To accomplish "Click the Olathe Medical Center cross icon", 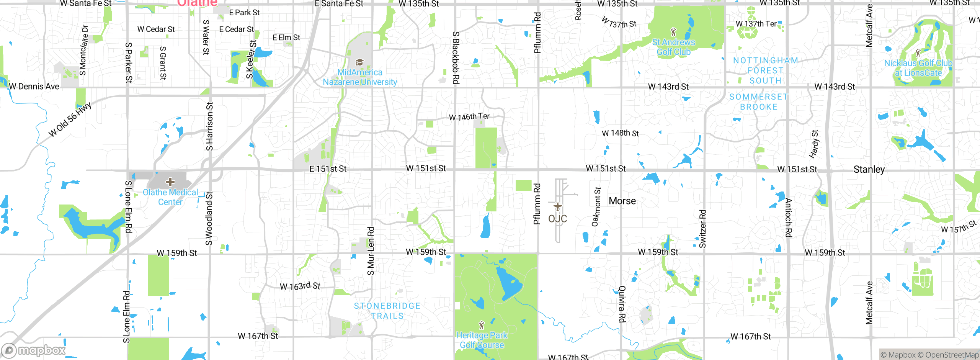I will coord(170,182).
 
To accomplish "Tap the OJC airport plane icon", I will coord(558,207).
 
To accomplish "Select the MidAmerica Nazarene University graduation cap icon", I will coord(359,62).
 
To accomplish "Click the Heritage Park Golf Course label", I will coord(482,340).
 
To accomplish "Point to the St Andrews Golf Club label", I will coord(673,47).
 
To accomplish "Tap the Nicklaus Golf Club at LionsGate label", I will coord(918,68).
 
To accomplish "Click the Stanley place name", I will coord(869,169).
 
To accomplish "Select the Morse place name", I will coord(622,201).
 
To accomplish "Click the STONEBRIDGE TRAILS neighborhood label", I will coord(387,311).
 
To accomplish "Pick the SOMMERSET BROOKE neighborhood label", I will coord(758,102).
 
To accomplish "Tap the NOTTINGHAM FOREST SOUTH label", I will coord(765,70).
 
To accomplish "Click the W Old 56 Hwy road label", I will coord(70,119).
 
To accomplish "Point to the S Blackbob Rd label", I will coord(456,57).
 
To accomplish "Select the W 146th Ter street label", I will coord(469,116).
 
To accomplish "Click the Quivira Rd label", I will coord(622,304).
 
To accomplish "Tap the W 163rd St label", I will coord(300,286).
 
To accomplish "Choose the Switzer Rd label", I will coord(702,229).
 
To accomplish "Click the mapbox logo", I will coord(34,350).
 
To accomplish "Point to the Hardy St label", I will coord(814,144).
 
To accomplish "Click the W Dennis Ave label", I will coord(34,87).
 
